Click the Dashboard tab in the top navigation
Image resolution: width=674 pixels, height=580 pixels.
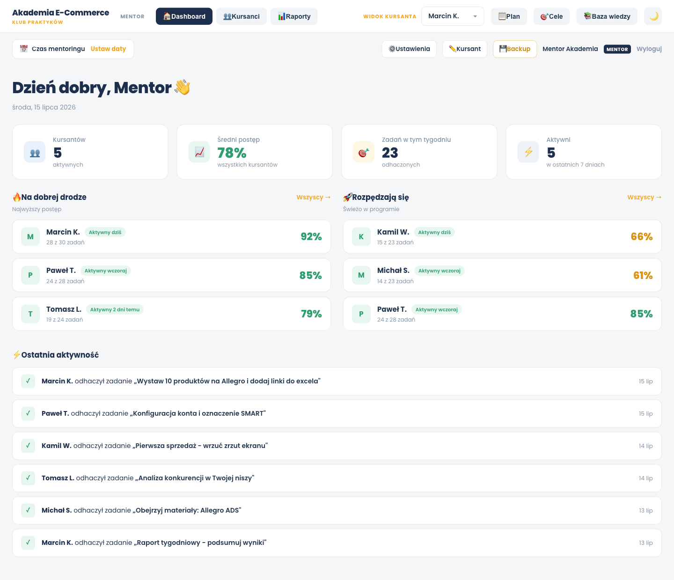click(184, 16)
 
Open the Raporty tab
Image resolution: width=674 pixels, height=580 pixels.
click(294, 16)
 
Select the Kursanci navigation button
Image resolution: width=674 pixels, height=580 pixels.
click(242, 16)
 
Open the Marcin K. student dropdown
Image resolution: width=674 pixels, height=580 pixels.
click(452, 16)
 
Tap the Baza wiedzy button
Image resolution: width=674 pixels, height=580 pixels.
click(607, 16)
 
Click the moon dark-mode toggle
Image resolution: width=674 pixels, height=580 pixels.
click(653, 16)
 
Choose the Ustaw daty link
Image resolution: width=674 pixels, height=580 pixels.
click(108, 49)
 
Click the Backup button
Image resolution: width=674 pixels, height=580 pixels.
click(514, 49)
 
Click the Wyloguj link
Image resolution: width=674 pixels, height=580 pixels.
click(649, 49)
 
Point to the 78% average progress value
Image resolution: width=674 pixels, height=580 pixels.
click(232, 153)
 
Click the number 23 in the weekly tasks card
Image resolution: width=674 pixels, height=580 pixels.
click(390, 153)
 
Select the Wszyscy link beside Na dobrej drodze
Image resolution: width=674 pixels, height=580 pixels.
click(313, 198)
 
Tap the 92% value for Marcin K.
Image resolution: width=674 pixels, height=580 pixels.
click(311, 236)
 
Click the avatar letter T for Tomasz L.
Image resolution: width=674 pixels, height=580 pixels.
click(30, 314)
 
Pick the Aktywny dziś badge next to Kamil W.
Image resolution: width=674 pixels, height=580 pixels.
click(434, 232)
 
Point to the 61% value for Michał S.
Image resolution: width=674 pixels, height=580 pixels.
click(643, 275)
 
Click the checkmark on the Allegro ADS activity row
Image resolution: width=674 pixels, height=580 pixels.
click(28, 510)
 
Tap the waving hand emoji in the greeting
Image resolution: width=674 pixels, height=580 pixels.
click(182, 88)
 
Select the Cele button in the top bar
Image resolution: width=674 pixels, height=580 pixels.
click(551, 16)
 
